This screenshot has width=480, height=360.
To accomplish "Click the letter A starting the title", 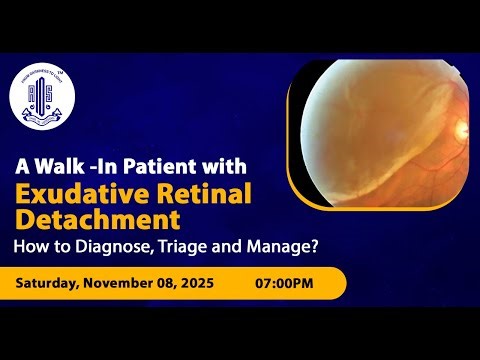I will coord(19,165).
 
